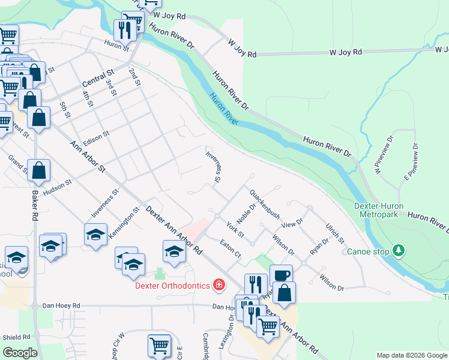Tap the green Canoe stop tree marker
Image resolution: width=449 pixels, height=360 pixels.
398,250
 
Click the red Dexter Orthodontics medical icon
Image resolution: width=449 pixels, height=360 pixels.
219,284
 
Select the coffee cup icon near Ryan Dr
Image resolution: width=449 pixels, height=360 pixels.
281,275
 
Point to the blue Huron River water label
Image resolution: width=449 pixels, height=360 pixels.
224,109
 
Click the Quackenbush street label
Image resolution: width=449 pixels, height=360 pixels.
265,205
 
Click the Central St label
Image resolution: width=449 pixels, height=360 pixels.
98,78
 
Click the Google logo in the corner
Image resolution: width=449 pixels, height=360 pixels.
20,353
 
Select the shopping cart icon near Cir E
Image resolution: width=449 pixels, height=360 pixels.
159,345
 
